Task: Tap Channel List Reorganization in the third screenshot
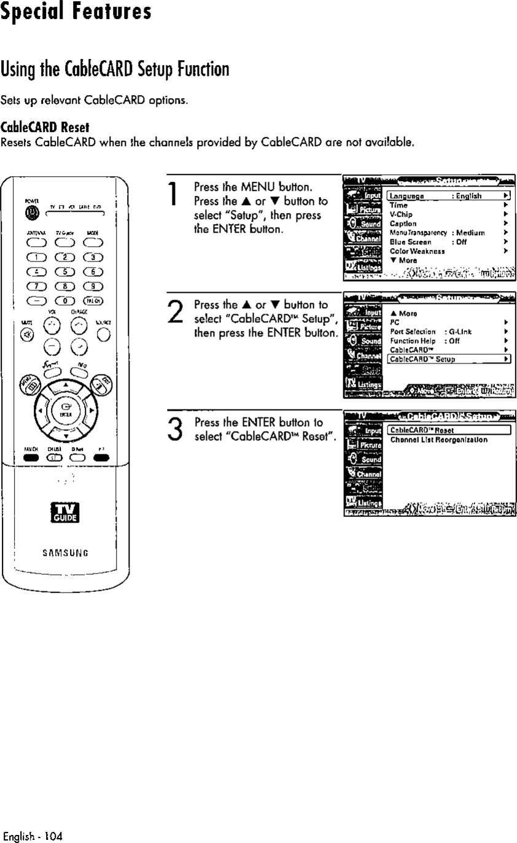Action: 439,440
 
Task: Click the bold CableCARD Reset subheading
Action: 45,128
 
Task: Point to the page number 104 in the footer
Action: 53,836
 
